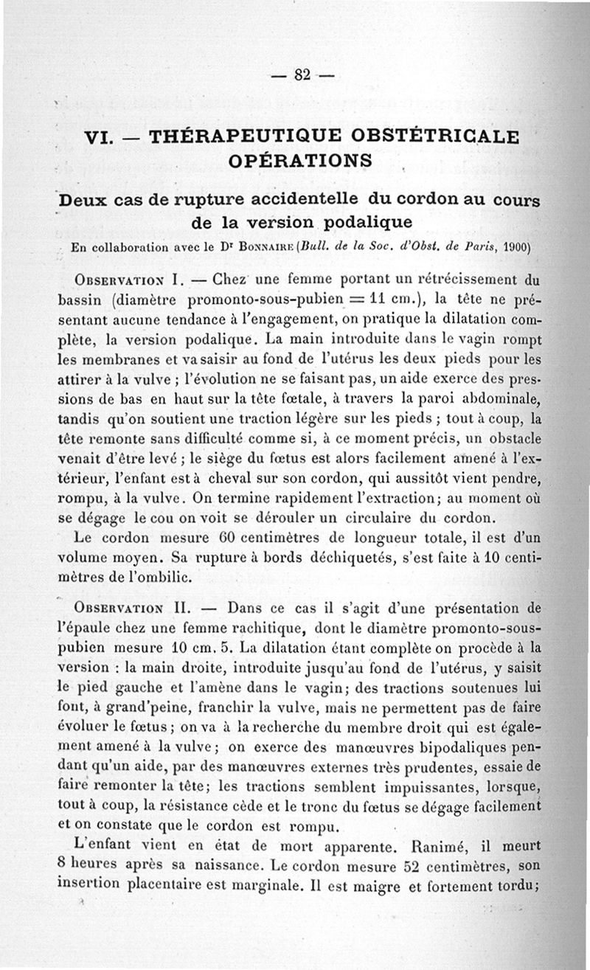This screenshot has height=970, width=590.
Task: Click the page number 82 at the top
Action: pos(303,75)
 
